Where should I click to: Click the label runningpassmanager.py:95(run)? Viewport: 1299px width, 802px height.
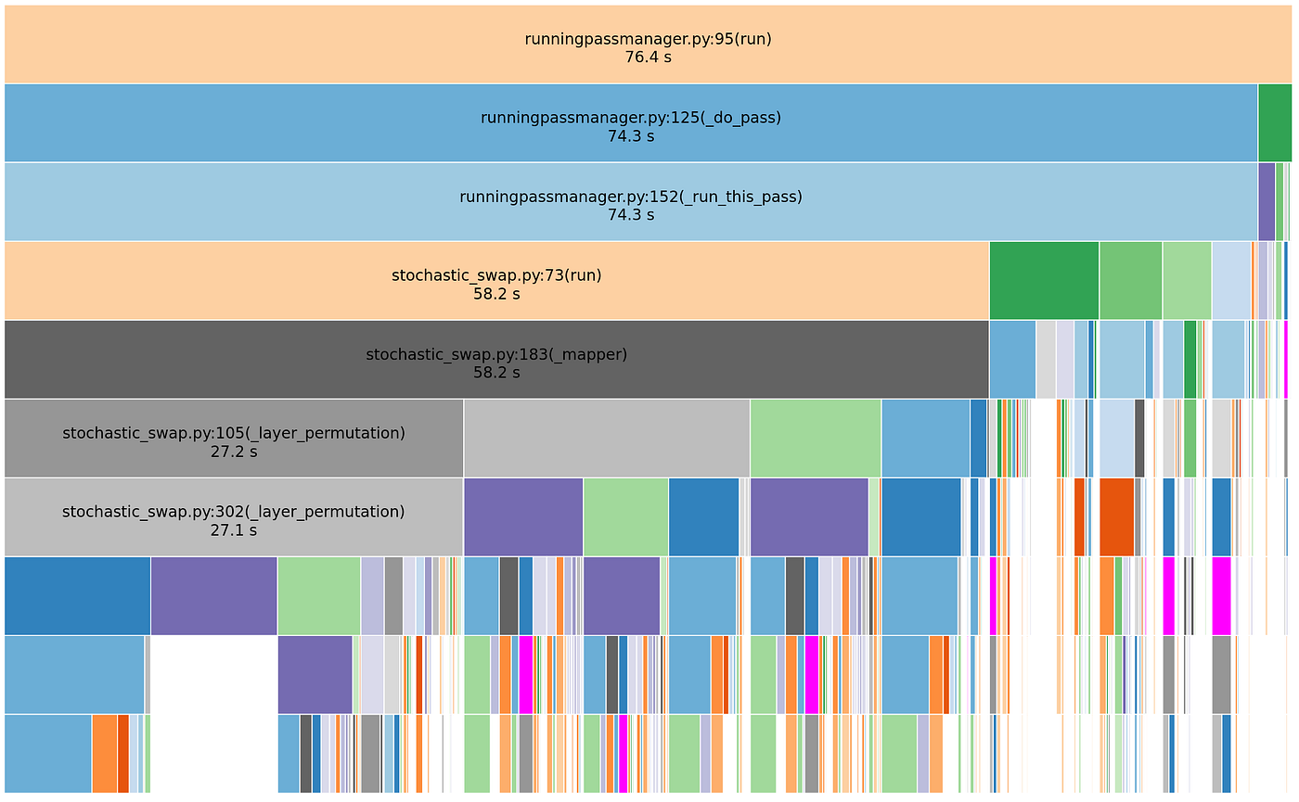(x=648, y=39)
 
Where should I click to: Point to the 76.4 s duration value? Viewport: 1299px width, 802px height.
(x=648, y=57)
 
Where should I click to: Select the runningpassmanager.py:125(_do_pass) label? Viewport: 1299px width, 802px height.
(x=630, y=118)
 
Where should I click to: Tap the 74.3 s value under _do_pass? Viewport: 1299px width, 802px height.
(x=630, y=136)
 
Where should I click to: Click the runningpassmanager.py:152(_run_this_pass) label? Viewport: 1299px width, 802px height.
(x=630, y=197)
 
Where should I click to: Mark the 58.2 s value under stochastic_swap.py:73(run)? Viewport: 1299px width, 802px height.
(x=496, y=294)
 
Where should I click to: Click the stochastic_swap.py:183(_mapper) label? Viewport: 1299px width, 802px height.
(x=496, y=354)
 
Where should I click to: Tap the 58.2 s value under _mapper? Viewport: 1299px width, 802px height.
(x=496, y=373)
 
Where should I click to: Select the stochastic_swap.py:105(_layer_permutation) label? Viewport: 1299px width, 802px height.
(x=234, y=433)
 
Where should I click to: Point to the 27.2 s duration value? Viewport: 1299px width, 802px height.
(x=234, y=452)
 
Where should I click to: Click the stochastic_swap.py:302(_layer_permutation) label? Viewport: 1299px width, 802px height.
(x=234, y=512)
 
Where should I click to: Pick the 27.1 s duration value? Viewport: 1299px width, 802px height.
(x=234, y=530)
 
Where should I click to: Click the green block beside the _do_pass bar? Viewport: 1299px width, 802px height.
(x=1274, y=122)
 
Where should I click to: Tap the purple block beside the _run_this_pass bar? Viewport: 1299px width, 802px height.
(x=1266, y=201)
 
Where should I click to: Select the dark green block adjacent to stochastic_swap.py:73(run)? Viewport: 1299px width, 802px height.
(x=1044, y=280)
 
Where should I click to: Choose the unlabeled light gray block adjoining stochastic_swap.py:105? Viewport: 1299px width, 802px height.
(x=606, y=438)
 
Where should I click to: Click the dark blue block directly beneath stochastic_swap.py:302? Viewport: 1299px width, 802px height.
(x=77, y=595)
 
